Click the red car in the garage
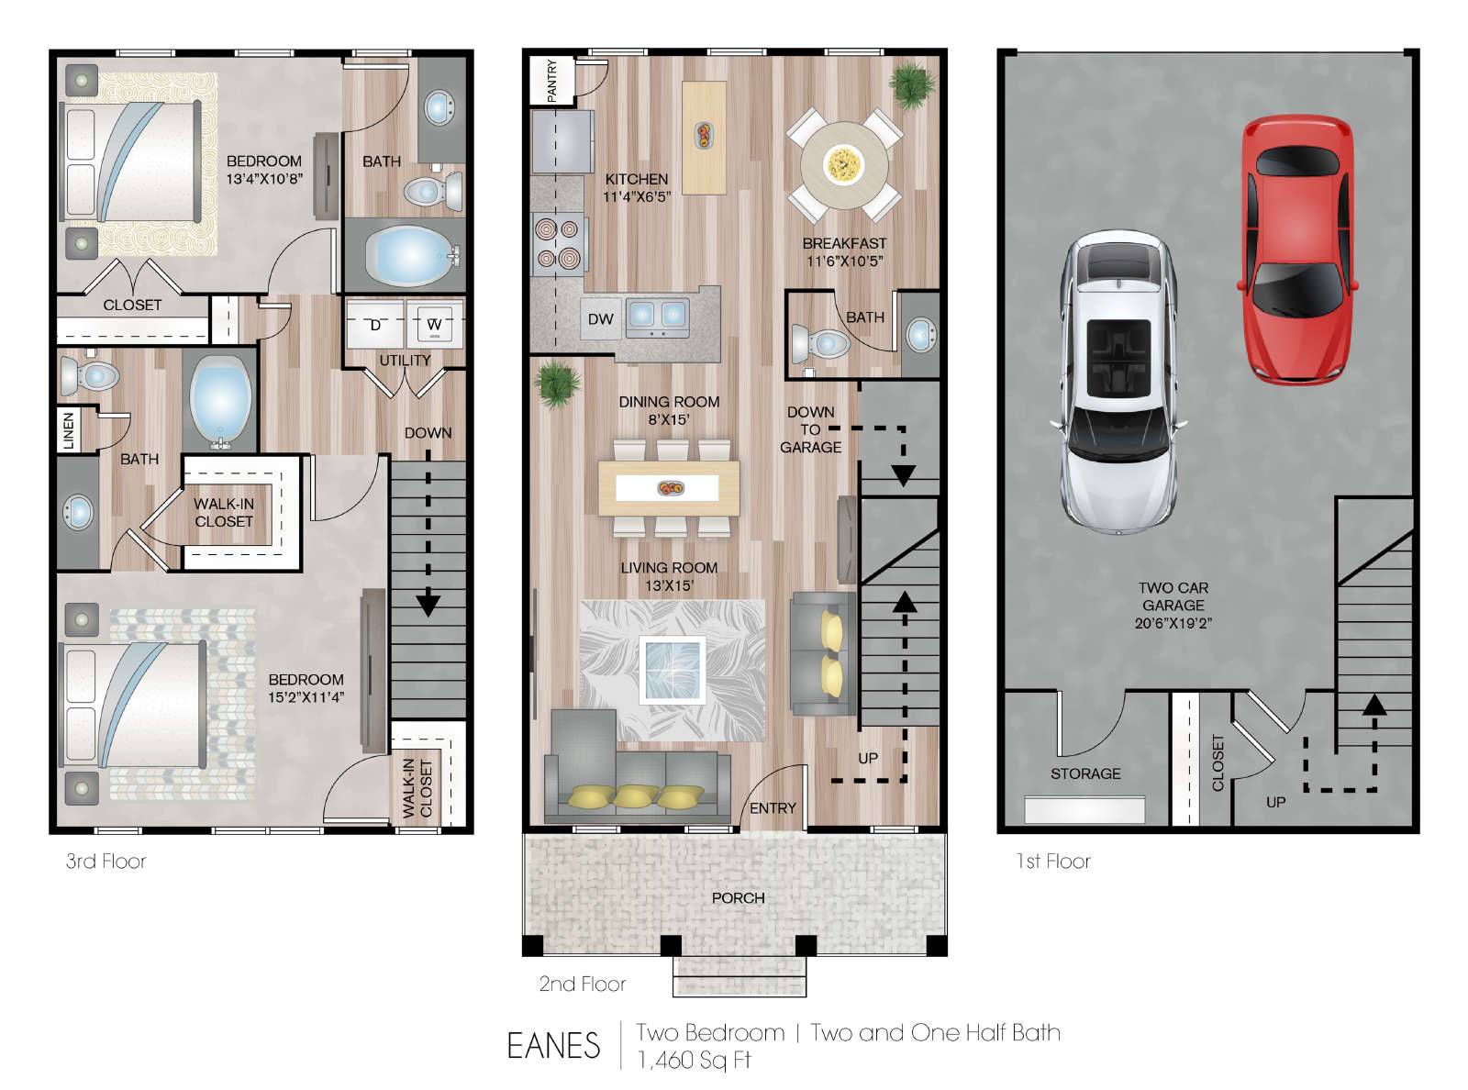(1297, 250)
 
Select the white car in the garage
(1118, 382)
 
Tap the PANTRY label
(551, 81)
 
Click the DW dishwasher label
(600, 319)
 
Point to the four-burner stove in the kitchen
(559, 244)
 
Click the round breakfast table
(844, 164)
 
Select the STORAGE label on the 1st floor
(1085, 773)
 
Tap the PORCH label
(738, 898)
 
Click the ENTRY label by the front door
(773, 808)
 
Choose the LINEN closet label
(69, 430)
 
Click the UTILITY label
(405, 360)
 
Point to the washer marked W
(434, 323)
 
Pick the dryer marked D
(375, 323)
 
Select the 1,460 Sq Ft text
(694, 1060)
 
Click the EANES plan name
(553, 1046)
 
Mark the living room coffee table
(672, 670)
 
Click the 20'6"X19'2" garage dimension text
(1173, 623)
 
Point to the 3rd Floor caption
(106, 861)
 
